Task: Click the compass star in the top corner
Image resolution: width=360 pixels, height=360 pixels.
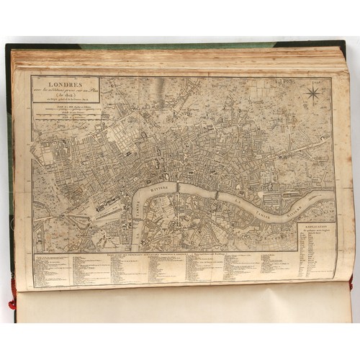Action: pos(314,93)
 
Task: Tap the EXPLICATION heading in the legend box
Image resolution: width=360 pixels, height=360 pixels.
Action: pos(315,228)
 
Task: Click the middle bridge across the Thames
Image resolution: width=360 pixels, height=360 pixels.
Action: pos(179,189)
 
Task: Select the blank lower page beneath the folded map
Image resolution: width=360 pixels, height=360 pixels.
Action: pos(180,306)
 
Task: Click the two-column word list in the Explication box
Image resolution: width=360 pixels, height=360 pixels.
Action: pos(316,256)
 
